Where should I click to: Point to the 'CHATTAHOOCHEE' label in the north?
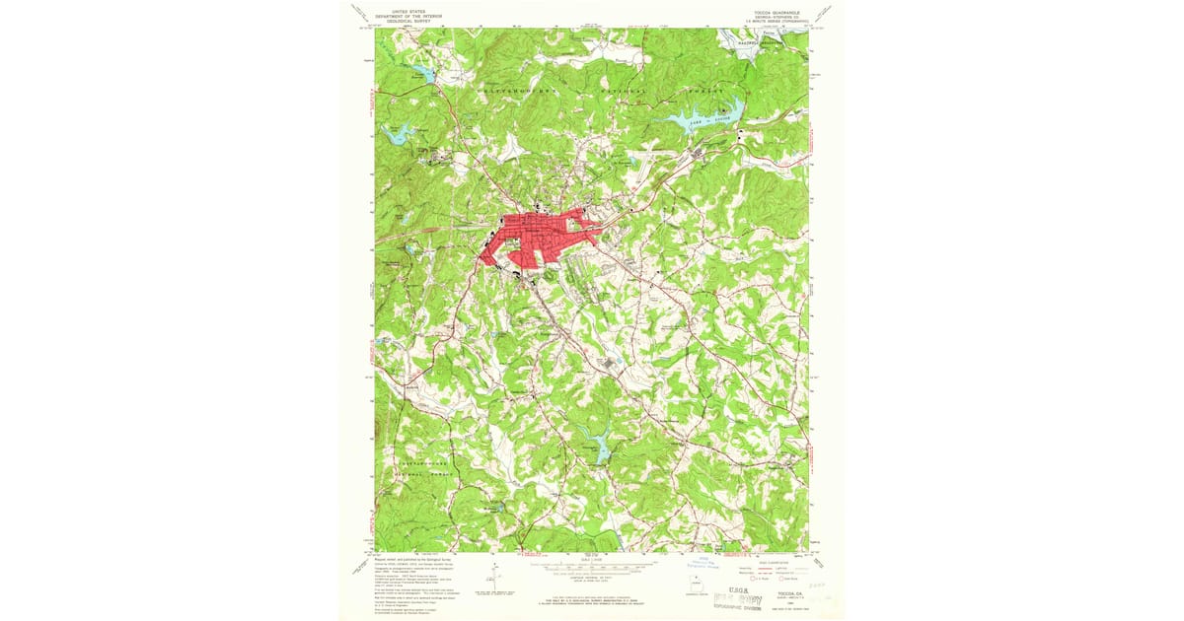(518, 90)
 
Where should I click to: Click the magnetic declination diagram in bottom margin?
(485, 583)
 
